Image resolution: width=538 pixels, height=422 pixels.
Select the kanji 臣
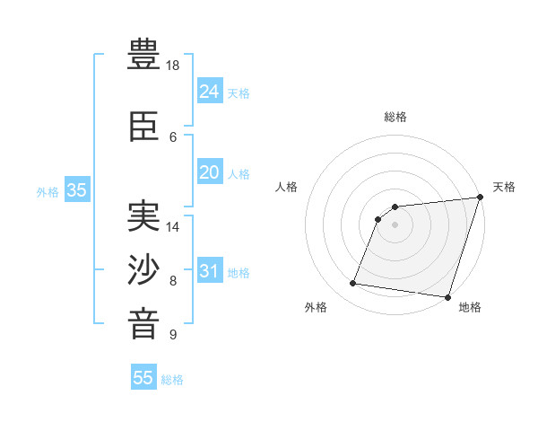tap(144, 129)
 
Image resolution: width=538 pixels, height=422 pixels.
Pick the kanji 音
tap(144, 322)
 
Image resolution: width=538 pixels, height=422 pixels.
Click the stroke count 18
tap(173, 66)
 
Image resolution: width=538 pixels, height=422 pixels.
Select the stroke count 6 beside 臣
tap(173, 137)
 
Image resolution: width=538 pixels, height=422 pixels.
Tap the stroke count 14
tap(173, 227)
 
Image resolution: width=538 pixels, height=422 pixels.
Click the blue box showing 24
tap(209, 91)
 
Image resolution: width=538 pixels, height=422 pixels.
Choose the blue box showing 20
tap(209, 171)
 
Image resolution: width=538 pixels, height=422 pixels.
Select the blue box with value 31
tap(209, 270)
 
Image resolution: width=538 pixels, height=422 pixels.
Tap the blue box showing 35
tap(76, 189)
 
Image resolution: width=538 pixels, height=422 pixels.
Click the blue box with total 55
tap(143, 378)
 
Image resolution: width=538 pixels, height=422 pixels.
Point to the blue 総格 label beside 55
tap(172, 380)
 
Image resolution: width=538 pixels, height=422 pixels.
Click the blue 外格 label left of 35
tap(48, 191)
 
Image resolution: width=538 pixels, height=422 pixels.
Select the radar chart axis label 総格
tap(395, 117)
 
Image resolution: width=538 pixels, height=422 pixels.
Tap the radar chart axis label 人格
tap(287, 187)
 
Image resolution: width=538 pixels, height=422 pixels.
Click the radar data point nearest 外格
tap(353, 284)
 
